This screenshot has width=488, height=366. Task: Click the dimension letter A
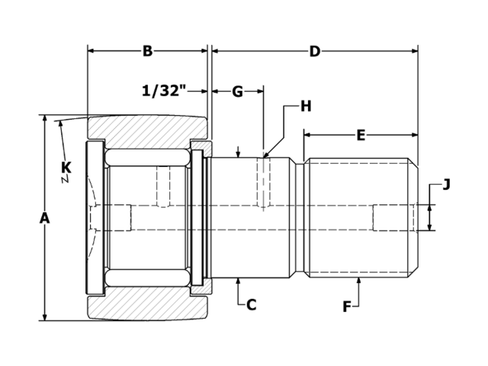(44, 218)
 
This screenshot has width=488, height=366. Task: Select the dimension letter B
(147, 51)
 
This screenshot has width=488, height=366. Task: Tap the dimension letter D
(314, 51)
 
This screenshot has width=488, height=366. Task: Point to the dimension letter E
(361, 136)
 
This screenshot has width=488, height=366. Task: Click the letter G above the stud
(237, 91)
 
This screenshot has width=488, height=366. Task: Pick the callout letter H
(305, 106)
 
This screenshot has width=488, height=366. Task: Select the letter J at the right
(447, 184)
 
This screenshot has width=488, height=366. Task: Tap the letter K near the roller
(66, 167)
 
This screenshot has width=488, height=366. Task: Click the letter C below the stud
(251, 305)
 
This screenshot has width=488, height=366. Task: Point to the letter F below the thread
(347, 307)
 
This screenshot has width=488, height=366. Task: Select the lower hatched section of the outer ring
(149, 307)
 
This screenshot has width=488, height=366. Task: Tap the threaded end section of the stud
(361, 218)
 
